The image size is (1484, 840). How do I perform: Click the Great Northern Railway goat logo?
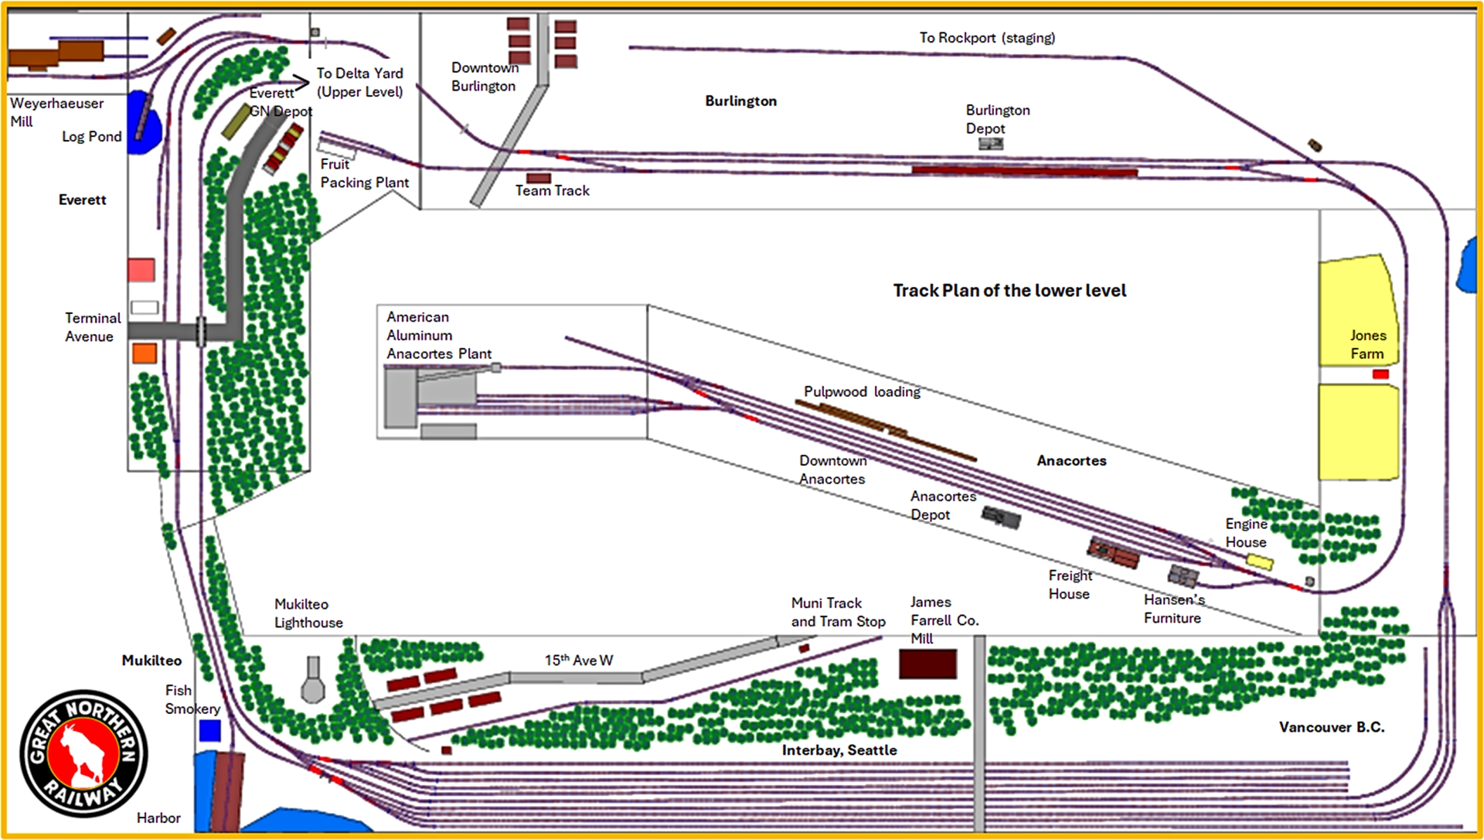point(83,753)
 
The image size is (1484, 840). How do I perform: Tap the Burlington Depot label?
point(997,119)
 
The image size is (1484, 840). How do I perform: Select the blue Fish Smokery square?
point(209,730)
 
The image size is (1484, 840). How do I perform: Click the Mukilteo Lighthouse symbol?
point(313,680)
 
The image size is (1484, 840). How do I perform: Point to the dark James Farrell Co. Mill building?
point(927,664)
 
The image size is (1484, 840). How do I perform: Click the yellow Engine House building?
point(1259,562)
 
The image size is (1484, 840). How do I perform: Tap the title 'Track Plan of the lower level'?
point(1009,291)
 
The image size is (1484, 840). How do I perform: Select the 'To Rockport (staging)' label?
point(987,38)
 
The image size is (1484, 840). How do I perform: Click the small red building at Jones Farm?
point(1380,374)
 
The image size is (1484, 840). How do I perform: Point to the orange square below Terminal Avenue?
point(145,353)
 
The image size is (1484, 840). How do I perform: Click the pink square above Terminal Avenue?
point(141,270)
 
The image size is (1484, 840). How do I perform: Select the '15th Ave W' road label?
point(578,660)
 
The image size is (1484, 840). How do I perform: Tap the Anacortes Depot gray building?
point(1001,517)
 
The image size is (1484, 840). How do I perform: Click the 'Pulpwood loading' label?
point(862,392)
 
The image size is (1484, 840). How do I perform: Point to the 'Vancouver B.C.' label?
point(1331,727)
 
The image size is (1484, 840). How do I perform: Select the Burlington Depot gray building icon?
point(991,144)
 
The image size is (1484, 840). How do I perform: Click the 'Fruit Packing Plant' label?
point(364,173)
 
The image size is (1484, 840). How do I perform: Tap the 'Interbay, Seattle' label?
point(839,750)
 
